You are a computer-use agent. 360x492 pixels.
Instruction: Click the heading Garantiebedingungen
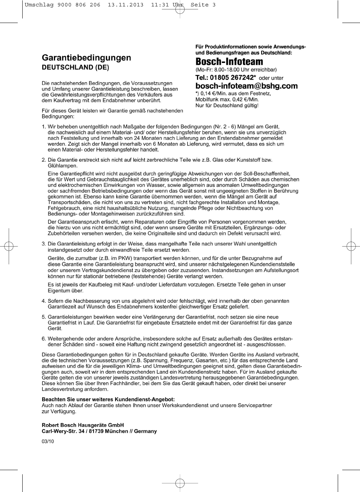[86, 58]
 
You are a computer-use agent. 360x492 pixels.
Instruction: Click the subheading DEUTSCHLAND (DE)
[75, 67]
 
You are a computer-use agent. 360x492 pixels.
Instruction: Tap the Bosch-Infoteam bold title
[229, 62]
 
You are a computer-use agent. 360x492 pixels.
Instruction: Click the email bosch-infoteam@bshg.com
[246, 86]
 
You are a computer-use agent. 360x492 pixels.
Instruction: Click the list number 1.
[44, 127]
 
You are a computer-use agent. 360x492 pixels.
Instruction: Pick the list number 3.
[44, 244]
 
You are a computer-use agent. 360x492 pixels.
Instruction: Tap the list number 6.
[44, 339]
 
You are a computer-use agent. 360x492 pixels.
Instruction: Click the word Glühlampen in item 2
[62, 166]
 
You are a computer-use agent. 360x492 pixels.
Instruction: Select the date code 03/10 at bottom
[48, 441]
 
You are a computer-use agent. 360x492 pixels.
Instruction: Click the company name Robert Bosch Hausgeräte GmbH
[83, 425]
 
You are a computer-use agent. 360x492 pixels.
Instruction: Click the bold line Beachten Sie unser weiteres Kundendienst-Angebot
[108, 399]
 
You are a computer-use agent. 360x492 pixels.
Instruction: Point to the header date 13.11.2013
[126, 5]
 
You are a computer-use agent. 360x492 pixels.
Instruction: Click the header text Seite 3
[203, 5]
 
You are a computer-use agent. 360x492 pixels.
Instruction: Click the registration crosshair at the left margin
[9, 247]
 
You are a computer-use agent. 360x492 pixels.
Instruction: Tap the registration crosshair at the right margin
[351, 247]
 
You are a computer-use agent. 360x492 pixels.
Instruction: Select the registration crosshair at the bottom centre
[180, 483]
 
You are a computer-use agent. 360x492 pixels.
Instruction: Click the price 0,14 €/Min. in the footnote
[213, 93]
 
